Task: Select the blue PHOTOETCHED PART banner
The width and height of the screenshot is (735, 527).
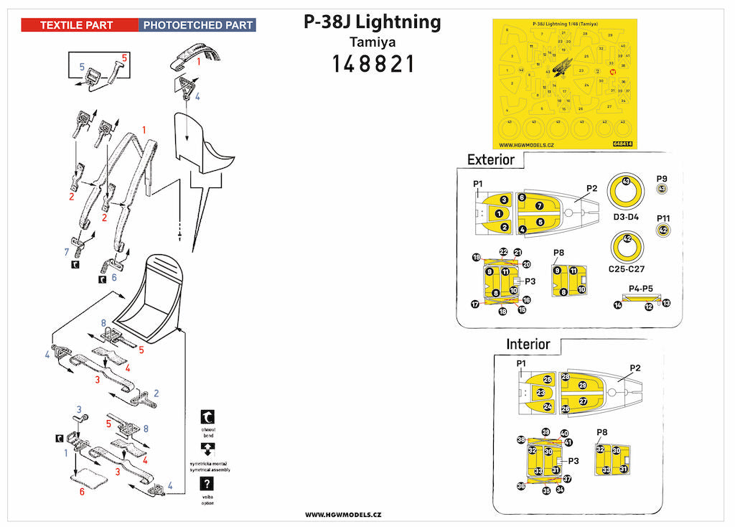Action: tap(197, 25)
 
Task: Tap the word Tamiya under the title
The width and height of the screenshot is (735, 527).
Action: tap(372, 42)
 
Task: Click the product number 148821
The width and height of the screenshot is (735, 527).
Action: tap(373, 64)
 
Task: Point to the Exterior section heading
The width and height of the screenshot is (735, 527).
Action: tap(491, 159)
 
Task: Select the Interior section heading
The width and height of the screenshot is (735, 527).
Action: tap(528, 344)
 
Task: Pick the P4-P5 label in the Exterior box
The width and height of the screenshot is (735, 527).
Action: tap(642, 288)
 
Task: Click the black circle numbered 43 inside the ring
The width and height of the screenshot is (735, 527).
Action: tap(626, 182)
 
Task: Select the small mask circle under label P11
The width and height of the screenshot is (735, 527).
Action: tap(663, 230)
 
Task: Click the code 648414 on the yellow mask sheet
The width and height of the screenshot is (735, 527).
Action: tap(623, 143)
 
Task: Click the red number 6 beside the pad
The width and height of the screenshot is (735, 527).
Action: tap(81, 492)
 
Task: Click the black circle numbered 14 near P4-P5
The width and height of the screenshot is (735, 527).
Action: tap(617, 305)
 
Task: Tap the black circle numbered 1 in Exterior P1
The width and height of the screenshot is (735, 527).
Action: tap(498, 213)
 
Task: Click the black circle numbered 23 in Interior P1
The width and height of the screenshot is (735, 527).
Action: tap(540, 393)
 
